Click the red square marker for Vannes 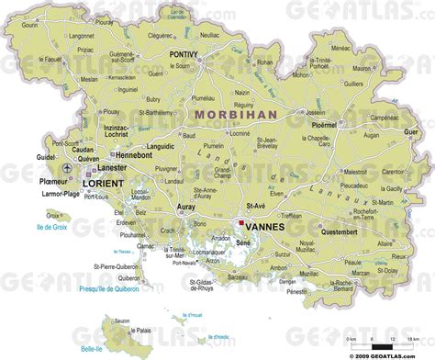point(240,222)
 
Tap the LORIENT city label point(102,184)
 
